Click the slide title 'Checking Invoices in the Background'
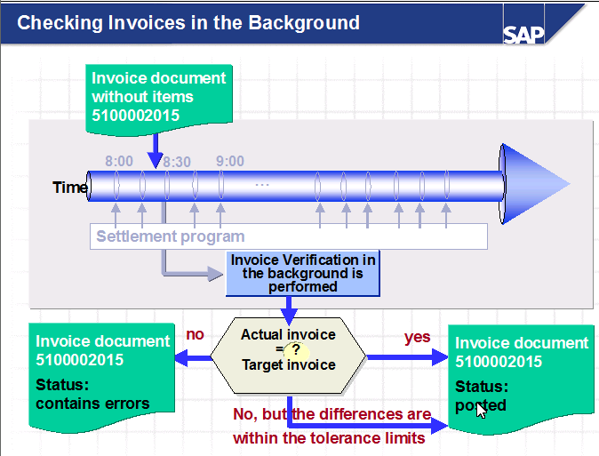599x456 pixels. tap(188, 22)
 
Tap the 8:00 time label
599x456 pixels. tap(119, 161)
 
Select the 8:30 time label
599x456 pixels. tap(177, 162)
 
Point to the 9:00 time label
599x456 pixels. tap(230, 161)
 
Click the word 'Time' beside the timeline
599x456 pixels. tap(70, 187)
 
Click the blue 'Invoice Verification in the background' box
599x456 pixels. tap(302, 273)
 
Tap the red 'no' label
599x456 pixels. tap(195, 335)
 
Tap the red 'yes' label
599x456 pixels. tap(417, 337)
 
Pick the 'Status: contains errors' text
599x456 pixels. tap(92, 394)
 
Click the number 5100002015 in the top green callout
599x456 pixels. tap(135, 116)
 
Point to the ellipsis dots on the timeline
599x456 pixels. tap(262, 185)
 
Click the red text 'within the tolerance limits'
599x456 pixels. tap(329, 438)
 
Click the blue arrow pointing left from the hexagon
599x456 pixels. tap(191, 358)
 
